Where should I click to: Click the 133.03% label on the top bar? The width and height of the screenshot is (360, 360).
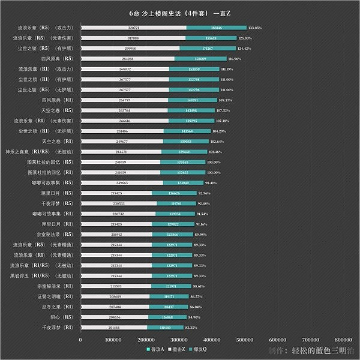click(255, 28)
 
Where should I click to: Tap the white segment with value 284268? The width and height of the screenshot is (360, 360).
click(127, 59)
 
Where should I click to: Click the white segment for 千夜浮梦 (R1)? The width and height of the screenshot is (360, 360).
click(113, 327)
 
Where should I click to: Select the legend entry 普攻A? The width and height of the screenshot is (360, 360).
click(155, 349)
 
